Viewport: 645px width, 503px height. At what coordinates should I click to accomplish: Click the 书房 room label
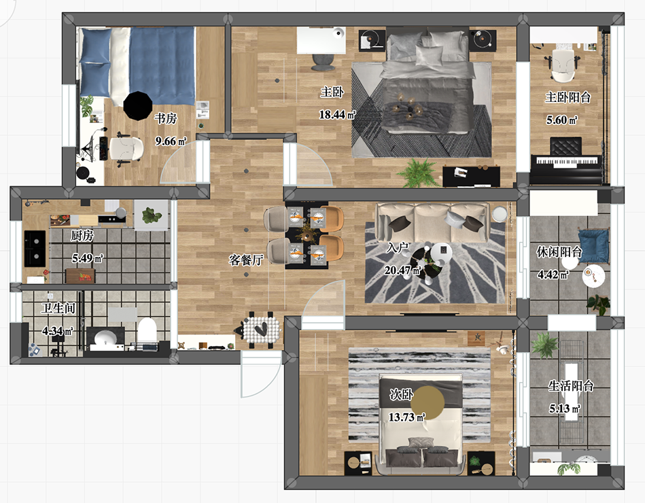166,118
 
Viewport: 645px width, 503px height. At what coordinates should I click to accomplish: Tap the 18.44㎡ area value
337,114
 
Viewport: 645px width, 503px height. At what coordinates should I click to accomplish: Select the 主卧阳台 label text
568,97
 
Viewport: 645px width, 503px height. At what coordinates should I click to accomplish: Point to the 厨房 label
82,236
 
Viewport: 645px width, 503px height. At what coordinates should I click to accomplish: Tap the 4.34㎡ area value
58,330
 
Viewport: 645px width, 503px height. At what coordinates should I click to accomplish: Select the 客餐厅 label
246,260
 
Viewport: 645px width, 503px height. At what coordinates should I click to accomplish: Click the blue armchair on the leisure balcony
593,246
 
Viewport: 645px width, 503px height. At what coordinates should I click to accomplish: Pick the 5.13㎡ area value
564,409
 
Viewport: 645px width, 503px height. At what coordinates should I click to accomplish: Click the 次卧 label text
401,394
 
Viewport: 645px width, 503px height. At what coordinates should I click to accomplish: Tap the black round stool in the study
138,106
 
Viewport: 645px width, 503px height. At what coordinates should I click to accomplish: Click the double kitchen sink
35,248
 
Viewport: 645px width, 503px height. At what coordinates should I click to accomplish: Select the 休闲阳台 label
559,252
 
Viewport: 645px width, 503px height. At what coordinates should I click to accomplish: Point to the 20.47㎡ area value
403,271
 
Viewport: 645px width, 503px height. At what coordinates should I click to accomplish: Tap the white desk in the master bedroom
321,40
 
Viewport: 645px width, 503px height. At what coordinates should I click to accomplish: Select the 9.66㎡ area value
171,141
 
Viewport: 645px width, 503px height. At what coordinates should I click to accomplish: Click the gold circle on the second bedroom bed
428,402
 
